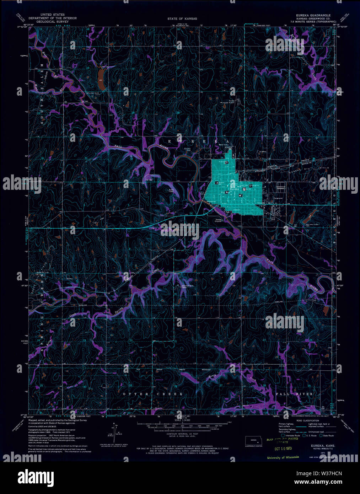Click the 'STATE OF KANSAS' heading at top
[x=182, y=18]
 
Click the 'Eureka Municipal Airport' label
[x=233, y=102]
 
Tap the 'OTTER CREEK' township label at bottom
[x=153, y=394]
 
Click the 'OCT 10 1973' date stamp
[x=279, y=449]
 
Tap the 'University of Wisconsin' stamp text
[x=283, y=457]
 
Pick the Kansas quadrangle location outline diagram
[x=253, y=440]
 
